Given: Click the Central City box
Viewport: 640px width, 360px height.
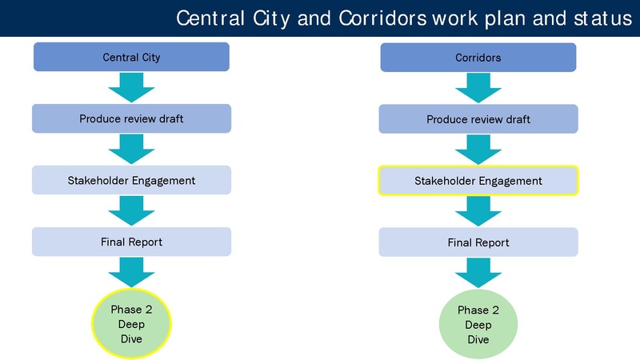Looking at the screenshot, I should pyautogui.click(x=131, y=57).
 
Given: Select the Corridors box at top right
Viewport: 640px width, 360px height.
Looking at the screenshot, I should pyautogui.click(x=478, y=58).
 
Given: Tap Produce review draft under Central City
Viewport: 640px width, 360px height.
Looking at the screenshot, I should pyautogui.click(x=131, y=118).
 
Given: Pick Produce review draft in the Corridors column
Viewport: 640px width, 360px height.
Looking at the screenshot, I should pyautogui.click(x=478, y=119).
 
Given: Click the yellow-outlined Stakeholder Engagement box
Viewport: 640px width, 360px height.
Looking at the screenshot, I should pyautogui.click(x=478, y=181).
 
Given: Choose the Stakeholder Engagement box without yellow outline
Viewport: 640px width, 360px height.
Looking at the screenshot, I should pyautogui.click(x=131, y=180).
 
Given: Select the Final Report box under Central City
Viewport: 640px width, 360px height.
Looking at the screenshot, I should pyautogui.click(x=131, y=242).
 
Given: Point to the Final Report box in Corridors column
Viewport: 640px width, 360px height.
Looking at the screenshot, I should pyautogui.click(x=478, y=242).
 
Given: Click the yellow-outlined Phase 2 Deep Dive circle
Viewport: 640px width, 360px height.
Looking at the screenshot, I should pyautogui.click(x=130, y=324).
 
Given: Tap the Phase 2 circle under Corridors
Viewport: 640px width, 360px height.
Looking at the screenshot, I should pyautogui.click(x=478, y=325).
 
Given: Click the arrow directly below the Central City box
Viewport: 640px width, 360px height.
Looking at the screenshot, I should pyautogui.click(x=131, y=87).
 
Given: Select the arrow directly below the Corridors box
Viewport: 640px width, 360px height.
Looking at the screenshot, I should pyautogui.click(x=478, y=88).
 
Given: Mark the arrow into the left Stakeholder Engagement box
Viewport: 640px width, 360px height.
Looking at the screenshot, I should pyautogui.click(x=131, y=149).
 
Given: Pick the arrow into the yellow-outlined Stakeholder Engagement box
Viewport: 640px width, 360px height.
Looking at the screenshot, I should pyautogui.click(x=478, y=150).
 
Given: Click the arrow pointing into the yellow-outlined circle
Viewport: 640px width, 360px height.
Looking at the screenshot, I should pyautogui.click(x=131, y=272).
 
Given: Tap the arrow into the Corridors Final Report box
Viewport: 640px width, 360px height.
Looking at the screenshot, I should pyautogui.click(x=478, y=211).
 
